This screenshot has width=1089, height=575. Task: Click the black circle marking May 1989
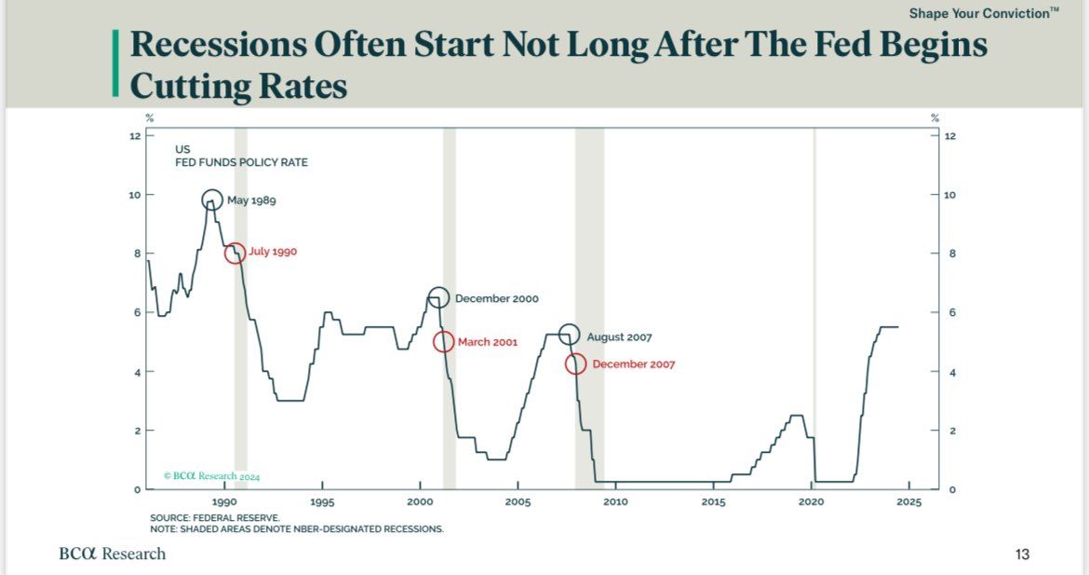tap(212, 199)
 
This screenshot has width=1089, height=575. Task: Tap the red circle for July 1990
tap(235, 253)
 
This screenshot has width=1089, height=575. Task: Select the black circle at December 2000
tap(439, 298)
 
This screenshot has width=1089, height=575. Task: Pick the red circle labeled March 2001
tap(444, 341)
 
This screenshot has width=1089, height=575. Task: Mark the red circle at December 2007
tap(576, 363)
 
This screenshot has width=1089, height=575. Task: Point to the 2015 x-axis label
tap(713, 501)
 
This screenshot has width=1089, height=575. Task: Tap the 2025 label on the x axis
tap(908, 501)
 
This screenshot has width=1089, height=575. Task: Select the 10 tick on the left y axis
tap(135, 195)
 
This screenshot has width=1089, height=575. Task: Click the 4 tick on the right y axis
tap(950, 372)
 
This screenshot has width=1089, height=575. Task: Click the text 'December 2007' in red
tap(633, 364)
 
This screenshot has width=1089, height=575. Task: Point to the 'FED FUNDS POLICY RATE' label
tap(241, 162)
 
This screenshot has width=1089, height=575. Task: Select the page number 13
tap(1022, 554)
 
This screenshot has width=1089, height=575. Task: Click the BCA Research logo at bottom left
tap(112, 554)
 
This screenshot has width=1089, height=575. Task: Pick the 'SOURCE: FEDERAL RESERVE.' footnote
tap(214, 517)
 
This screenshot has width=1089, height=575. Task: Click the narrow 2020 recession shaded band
tap(814, 308)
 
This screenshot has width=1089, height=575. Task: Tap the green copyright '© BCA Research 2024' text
tap(211, 475)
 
